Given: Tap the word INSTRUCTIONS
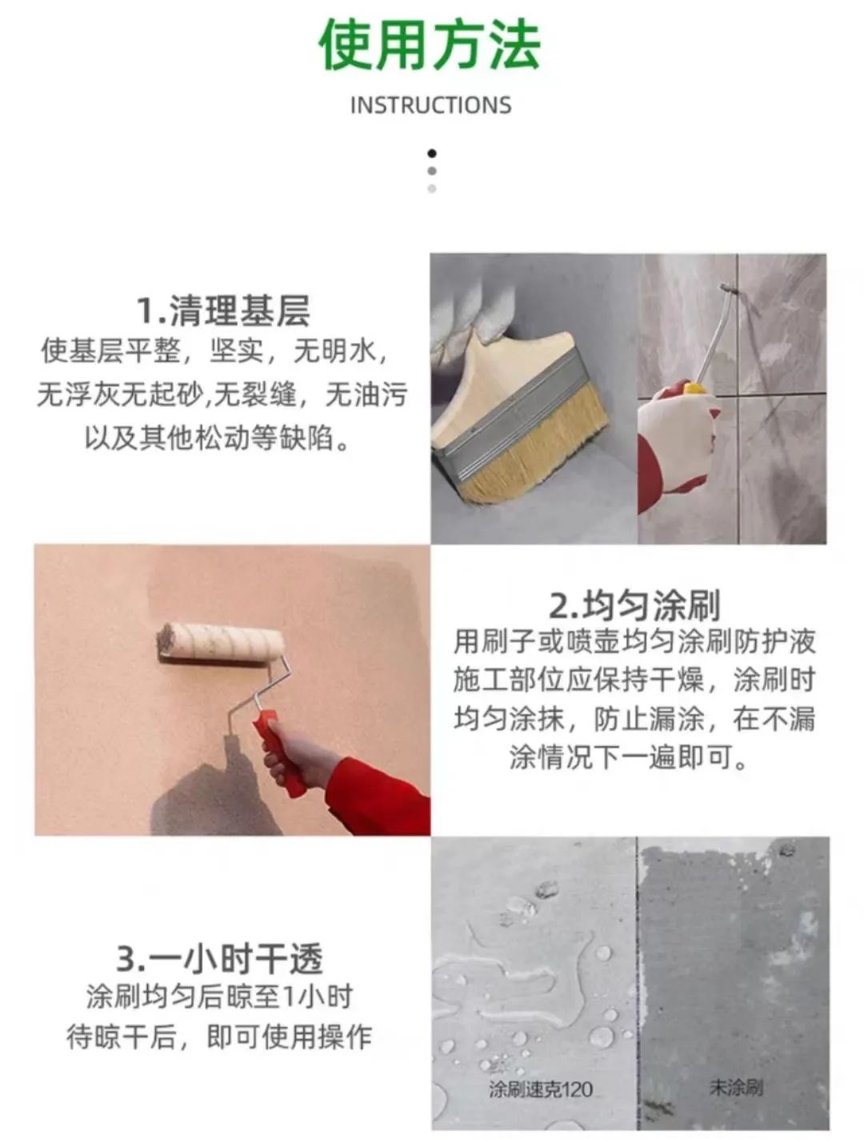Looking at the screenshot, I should point(430,105).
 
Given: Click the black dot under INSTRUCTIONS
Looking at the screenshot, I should point(432,153).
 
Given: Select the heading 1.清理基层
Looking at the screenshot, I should point(223,310).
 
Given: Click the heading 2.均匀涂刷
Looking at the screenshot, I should point(634,605).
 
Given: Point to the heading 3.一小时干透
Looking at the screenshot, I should point(220,958).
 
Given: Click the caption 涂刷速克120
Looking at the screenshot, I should point(541,1089).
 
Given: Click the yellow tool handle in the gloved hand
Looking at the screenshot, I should point(693,390).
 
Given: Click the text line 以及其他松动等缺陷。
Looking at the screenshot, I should point(218,438).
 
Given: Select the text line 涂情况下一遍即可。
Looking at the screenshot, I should point(630,756).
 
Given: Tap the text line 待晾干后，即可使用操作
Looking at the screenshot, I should point(219,1037).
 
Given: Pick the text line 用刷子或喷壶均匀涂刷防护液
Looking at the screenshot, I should point(634,641).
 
